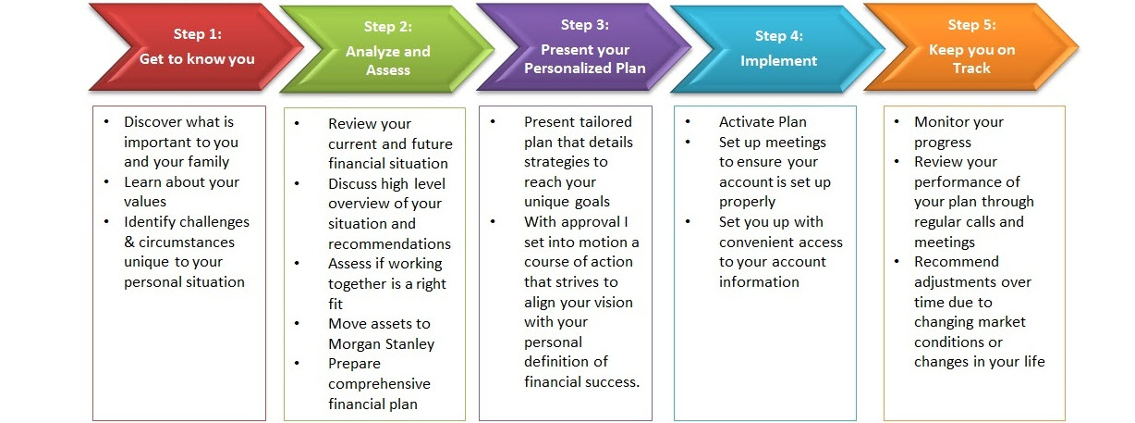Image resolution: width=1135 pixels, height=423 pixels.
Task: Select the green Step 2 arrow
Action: pos(387,49)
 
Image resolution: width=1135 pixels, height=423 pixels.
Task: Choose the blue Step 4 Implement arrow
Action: pos(778,49)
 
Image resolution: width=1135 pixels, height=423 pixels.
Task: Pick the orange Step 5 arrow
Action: pos(971,47)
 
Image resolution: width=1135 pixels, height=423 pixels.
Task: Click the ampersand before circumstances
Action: pos(129,242)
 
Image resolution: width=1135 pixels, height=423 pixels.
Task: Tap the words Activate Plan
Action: pos(763,122)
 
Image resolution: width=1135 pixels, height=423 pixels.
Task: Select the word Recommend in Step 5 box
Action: pos(957,262)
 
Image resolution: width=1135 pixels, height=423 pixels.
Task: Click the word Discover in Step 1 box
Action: pos(154,122)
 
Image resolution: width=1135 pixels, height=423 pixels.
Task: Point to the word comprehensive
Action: pos(379,384)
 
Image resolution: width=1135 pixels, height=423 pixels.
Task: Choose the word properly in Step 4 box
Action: pos(748,202)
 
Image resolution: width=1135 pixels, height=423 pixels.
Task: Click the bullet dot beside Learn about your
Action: pos(106,181)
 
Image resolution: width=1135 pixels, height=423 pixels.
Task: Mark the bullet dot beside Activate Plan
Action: pos(688,122)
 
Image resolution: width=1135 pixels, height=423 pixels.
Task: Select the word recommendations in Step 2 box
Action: pos(389,244)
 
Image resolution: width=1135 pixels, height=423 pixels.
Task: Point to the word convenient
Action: pos(759,243)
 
